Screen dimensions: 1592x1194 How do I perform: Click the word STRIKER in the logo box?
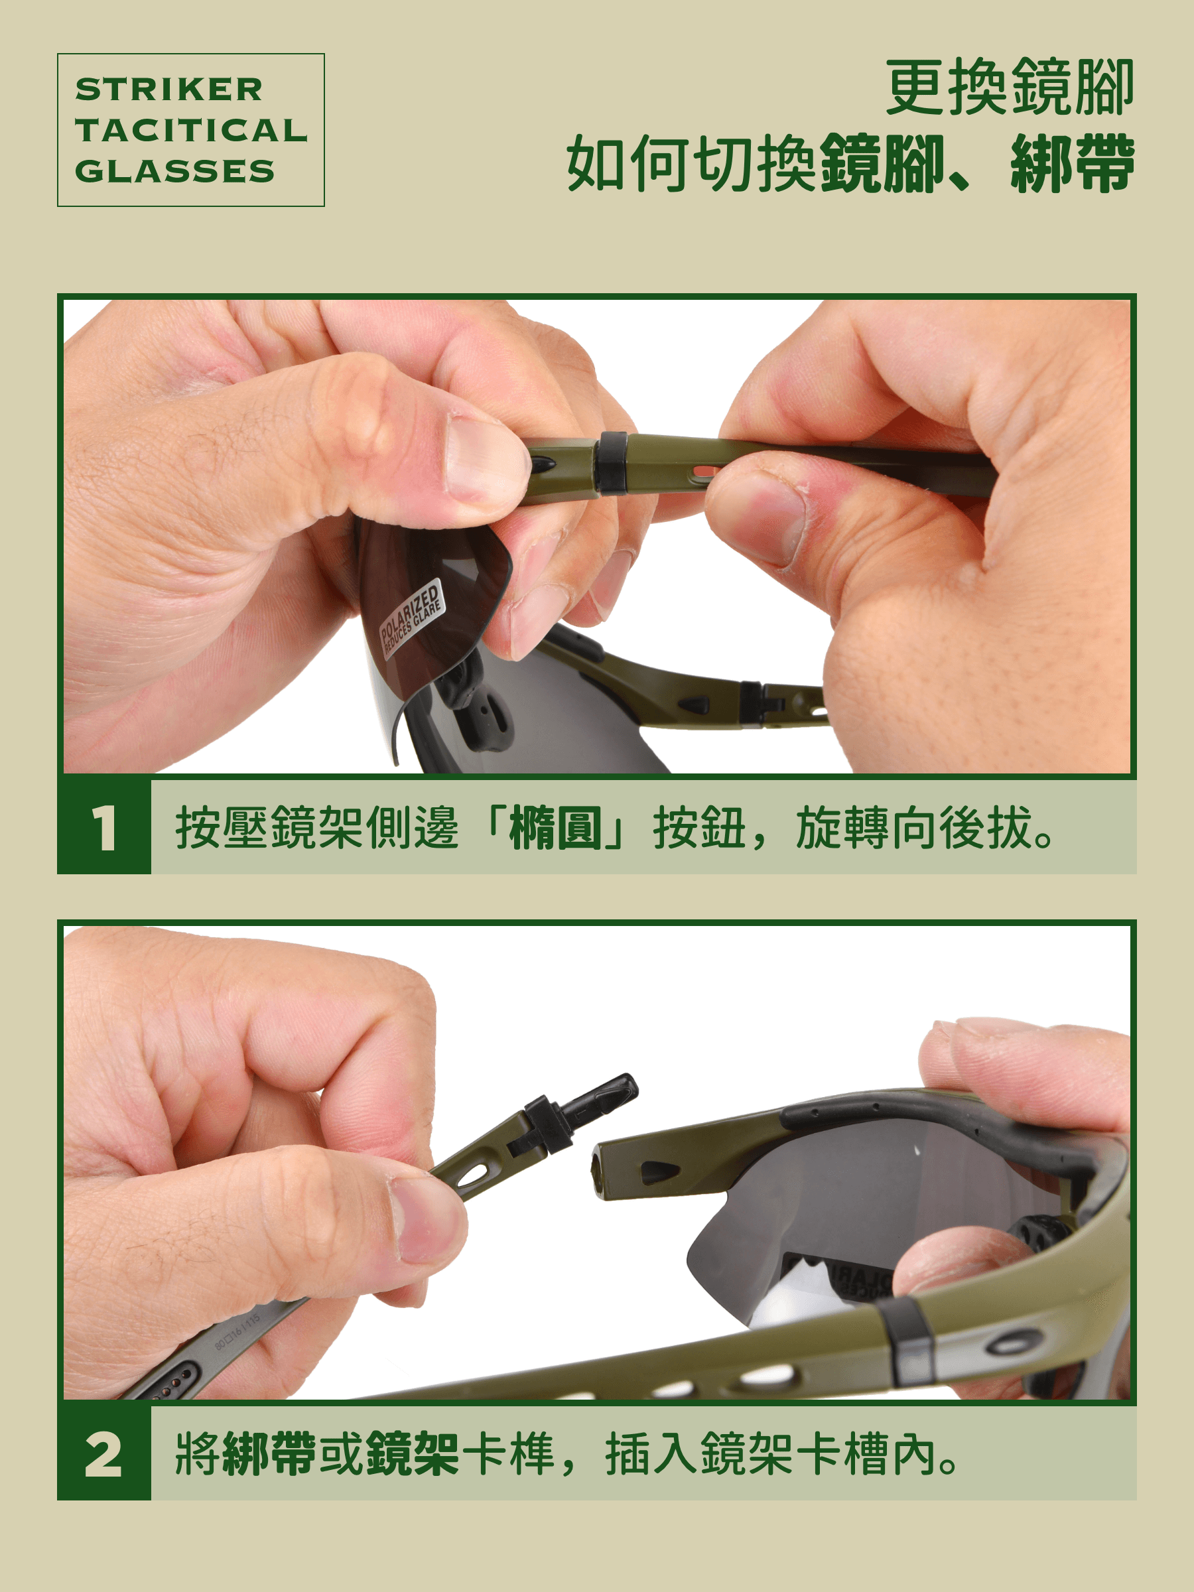point(169,90)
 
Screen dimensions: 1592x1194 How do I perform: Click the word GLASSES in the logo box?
point(175,171)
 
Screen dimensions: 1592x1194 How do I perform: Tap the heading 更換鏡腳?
point(1010,88)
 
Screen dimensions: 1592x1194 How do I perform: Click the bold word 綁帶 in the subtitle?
point(1073,164)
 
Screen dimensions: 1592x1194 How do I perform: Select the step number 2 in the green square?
point(103,1455)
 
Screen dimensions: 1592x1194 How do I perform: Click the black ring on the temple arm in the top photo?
point(612,462)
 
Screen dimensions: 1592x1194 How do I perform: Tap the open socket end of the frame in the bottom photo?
point(599,1169)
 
